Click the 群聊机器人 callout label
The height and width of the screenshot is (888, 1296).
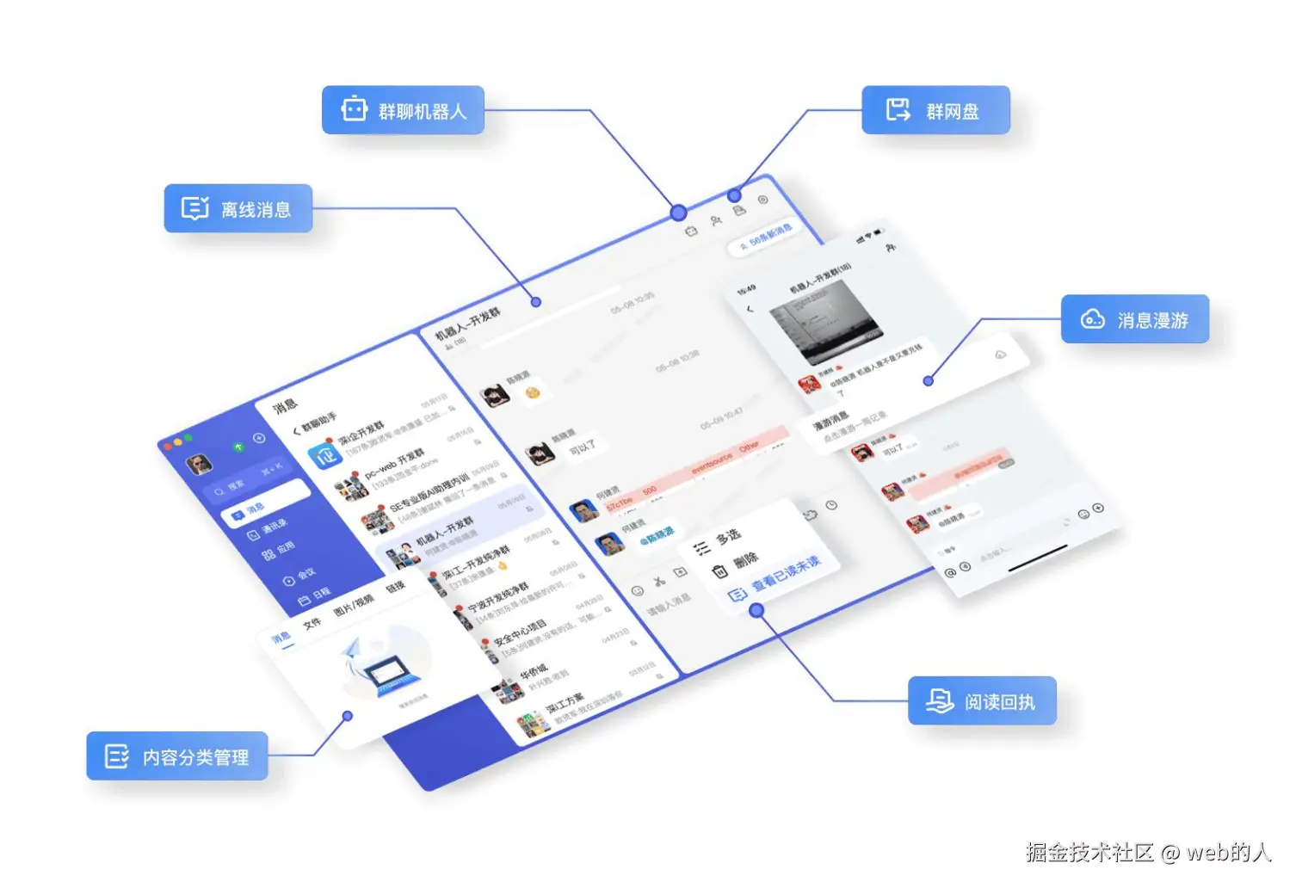(403, 110)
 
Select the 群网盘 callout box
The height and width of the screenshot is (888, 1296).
(935, 110)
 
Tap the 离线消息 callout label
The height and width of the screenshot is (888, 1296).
(238, 208)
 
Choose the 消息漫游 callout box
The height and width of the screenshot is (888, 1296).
(1134, 319)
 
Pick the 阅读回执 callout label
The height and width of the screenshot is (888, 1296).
(982, 701)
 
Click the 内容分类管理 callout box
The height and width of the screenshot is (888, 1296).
(177, 756)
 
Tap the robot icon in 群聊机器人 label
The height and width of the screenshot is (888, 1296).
(355, 109)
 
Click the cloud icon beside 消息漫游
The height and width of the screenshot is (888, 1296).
(1092, 319)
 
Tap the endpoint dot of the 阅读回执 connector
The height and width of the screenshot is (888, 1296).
(756, 611)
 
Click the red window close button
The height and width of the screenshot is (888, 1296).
(167, 447)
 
